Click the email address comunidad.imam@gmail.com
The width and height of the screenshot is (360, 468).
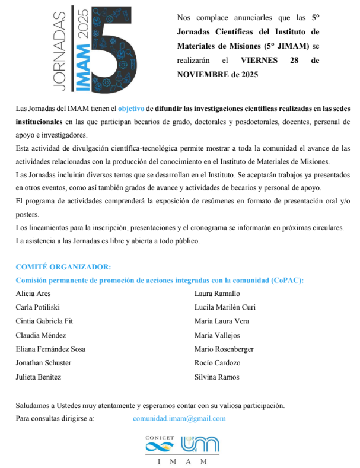179,418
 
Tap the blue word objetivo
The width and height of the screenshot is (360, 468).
135,109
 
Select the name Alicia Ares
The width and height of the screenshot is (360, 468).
33,294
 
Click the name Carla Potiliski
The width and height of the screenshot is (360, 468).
39,307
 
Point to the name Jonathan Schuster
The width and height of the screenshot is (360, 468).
44,363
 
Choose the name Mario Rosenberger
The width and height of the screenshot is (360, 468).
224,349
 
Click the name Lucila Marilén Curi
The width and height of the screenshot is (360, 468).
224,307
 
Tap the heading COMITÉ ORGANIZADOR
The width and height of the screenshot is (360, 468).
63,267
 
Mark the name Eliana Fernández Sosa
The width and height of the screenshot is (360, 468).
50,349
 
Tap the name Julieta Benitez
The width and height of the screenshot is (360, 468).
38,377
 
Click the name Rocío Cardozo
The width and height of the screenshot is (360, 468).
217,363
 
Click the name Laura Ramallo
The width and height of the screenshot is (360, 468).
217,294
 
